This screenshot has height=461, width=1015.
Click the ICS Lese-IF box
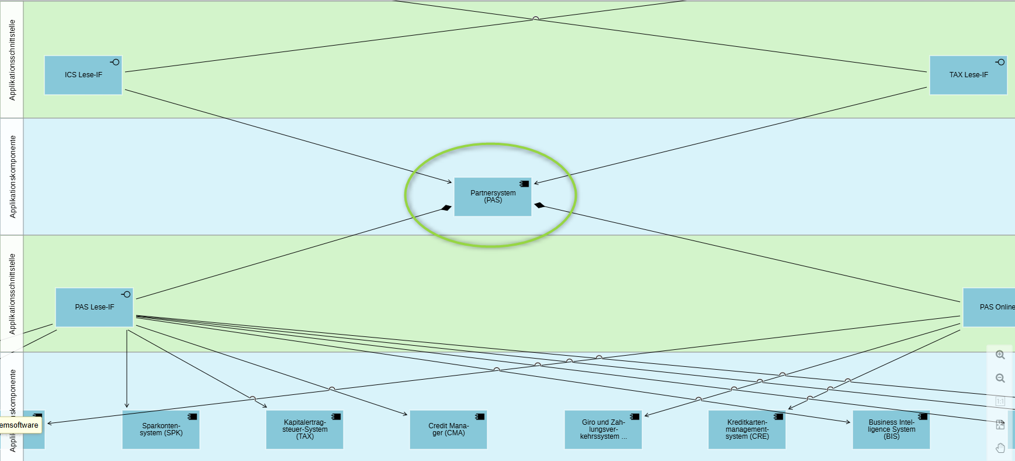tap(83, 75)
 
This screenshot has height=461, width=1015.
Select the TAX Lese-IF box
tap(968, 75)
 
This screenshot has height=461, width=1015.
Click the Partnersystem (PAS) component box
tap(493, 197)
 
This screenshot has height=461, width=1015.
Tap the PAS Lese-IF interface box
tap(94, 307)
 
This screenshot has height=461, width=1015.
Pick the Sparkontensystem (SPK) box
tap(161, 430)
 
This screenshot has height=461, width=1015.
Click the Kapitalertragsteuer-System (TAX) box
tap(304, 430)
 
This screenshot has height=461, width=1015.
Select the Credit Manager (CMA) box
tap(448, 430)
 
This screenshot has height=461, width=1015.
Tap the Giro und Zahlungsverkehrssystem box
tap(603, 430)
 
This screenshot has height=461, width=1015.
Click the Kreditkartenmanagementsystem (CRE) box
tap(747, 430)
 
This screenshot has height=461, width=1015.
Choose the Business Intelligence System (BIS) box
tap(891, 430)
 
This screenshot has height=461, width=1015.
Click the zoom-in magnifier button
tap(1000, 355)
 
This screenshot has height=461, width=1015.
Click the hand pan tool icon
tap(1000, 448)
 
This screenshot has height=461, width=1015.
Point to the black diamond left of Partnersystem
tap(446, 208)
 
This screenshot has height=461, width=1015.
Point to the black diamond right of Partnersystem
tap(539, 205)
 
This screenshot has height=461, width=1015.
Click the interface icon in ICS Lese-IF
tap(115, 62)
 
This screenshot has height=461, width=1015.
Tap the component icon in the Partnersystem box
tap(524, 184)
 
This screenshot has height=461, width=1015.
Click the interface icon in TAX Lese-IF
tap(1000, 62)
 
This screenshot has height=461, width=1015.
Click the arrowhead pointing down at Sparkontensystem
tap(127, 405)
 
